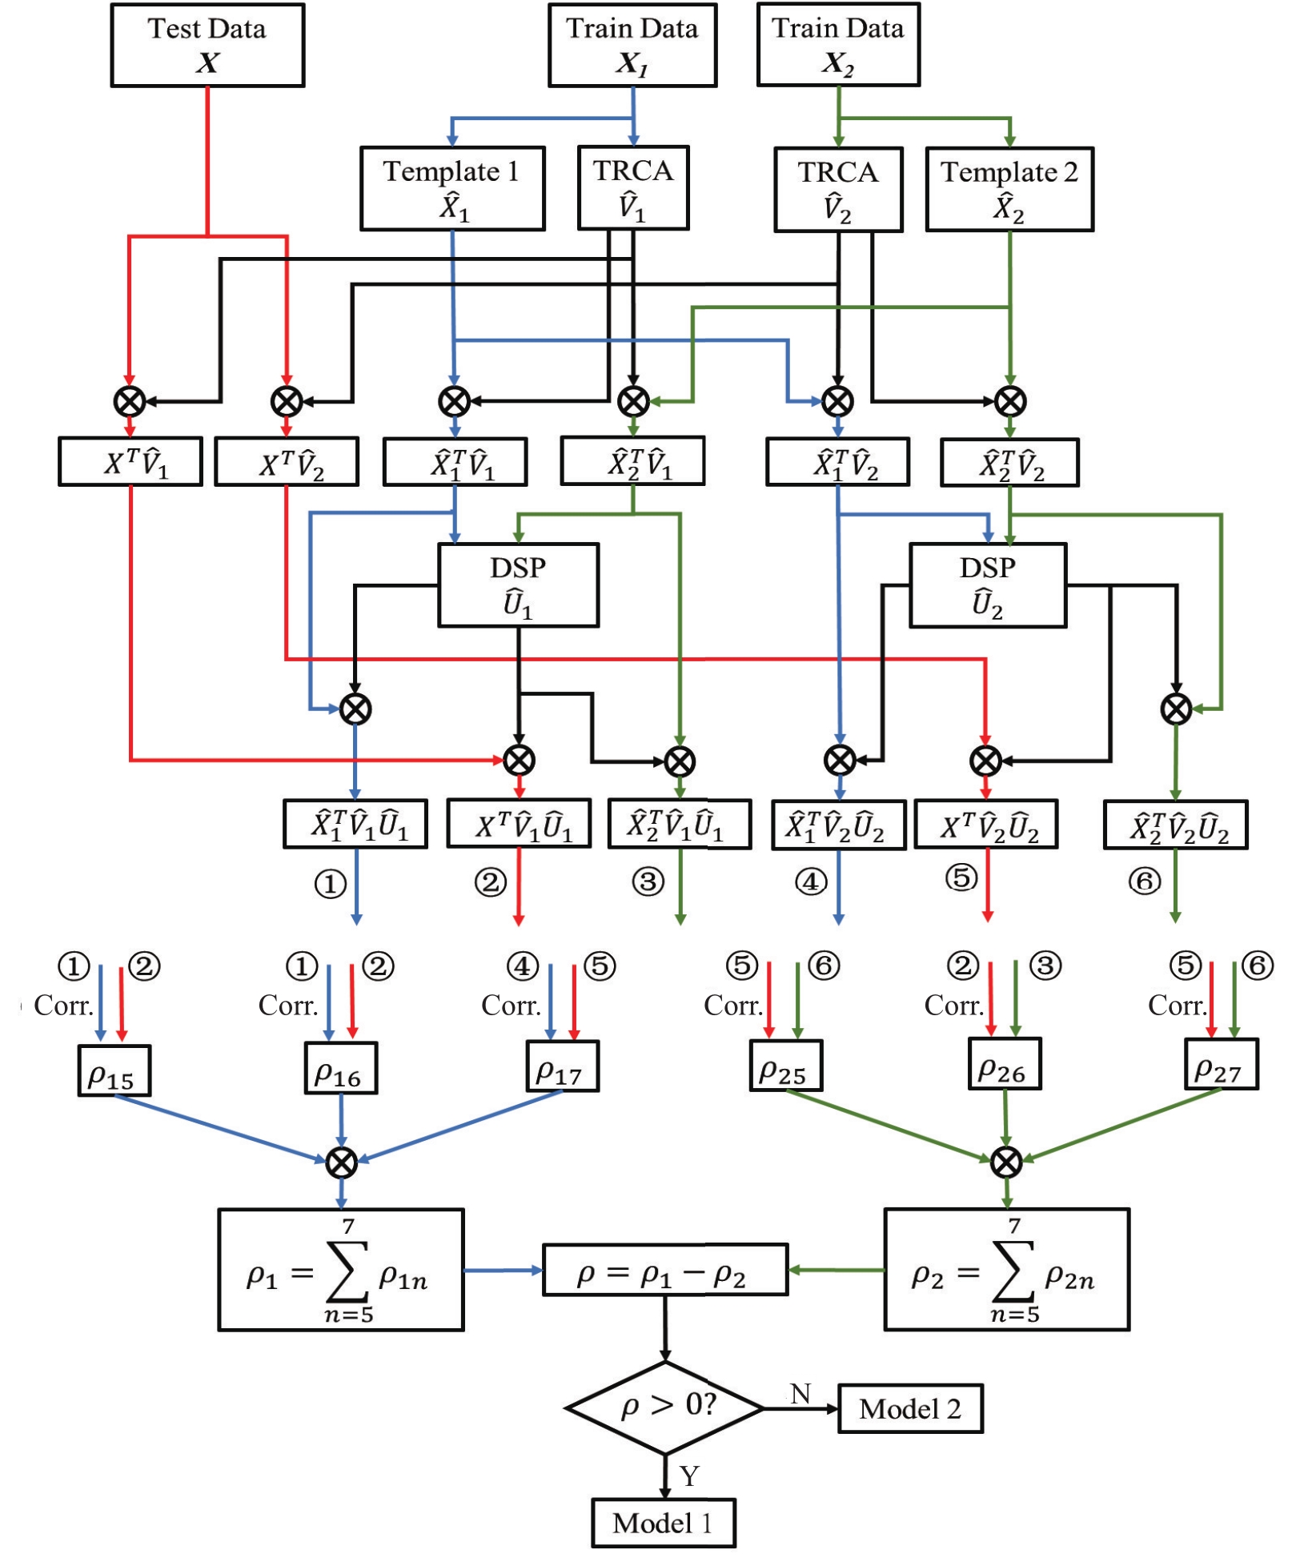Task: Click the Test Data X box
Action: (x=207, y=45)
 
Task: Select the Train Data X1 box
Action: (x=632, y=45)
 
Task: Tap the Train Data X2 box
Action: (x=838, y=44)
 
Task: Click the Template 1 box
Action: (x=452, y=189)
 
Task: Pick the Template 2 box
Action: (x=1009, y=190)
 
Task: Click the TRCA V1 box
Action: (x=633, y=188)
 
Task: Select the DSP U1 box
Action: (x=518, y=585)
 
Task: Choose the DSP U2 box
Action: (x=988, y=585)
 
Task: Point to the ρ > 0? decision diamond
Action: (x=664, y=1407)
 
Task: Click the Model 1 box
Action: (x=664, y=1523)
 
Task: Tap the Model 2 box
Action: (x=910, y=1408)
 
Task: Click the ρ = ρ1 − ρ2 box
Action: (x=664, y=1270)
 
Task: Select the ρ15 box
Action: (x=114, y=1070)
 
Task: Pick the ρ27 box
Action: (x=1221, y=1064)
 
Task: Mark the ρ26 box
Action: (x=1005, y=1064)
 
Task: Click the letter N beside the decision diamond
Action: (x=800, y=1394)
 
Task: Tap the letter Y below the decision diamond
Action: (x=689, y=1475)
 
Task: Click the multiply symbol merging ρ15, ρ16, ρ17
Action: (x=342, y=1162)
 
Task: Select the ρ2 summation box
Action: (x=1006, y=1270)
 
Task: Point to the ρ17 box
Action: (x=562, y=1066)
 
